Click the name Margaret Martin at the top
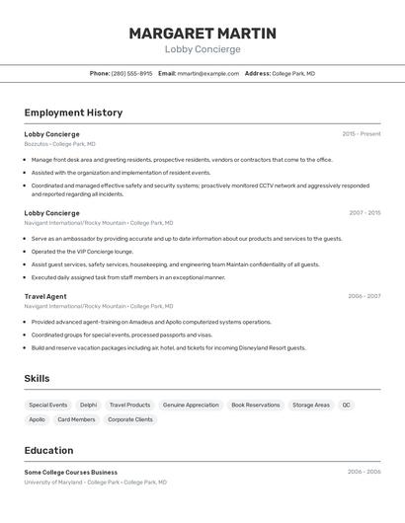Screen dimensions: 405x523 (202, 33)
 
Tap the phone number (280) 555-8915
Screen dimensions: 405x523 (132, 73)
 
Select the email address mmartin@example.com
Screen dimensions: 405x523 (208, 73)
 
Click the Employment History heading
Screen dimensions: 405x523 (73, 112)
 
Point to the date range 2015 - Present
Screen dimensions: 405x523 (362, 134)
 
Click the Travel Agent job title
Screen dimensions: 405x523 (45, 296)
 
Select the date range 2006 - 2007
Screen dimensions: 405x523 (364, 296)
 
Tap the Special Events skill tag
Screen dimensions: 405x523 (48, 405)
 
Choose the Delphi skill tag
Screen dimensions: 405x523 (89, 405)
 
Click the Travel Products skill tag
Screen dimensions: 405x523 (129, 405)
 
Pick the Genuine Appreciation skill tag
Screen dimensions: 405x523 (191, 405)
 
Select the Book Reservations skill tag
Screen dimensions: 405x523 (256, 405)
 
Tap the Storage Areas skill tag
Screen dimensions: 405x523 (311, 405)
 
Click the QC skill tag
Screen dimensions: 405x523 (347, 405)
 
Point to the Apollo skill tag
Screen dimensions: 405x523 (38, 419)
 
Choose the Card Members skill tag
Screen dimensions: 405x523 (76, 419)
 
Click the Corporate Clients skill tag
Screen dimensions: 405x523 (130, 419)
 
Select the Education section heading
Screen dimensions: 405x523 (48, 450)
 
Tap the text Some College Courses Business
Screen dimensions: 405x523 (71, 472)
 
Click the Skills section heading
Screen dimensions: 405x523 (37, 379)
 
